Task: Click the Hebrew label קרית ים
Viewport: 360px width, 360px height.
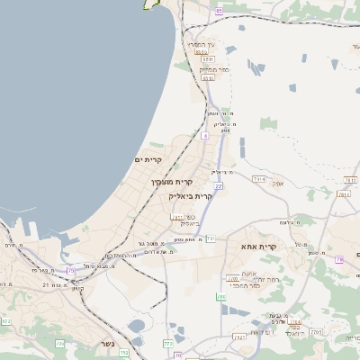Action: coord(148,160)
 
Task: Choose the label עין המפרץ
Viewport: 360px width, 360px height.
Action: coord(201,43)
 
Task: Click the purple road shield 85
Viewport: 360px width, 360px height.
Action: coord(220,11)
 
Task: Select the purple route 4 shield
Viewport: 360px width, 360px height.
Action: coord(205,135)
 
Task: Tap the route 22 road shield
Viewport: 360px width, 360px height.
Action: coord(218,185)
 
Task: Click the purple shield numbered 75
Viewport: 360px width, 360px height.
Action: coord(71,270)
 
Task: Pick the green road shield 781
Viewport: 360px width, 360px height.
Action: coord(210,238)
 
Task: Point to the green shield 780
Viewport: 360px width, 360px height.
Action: coord(220,296)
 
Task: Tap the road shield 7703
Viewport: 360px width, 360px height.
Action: coord(232,279)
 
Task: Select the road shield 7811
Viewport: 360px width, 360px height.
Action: coord(258,181)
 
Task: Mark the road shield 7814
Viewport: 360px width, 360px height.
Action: coord(343,193)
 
